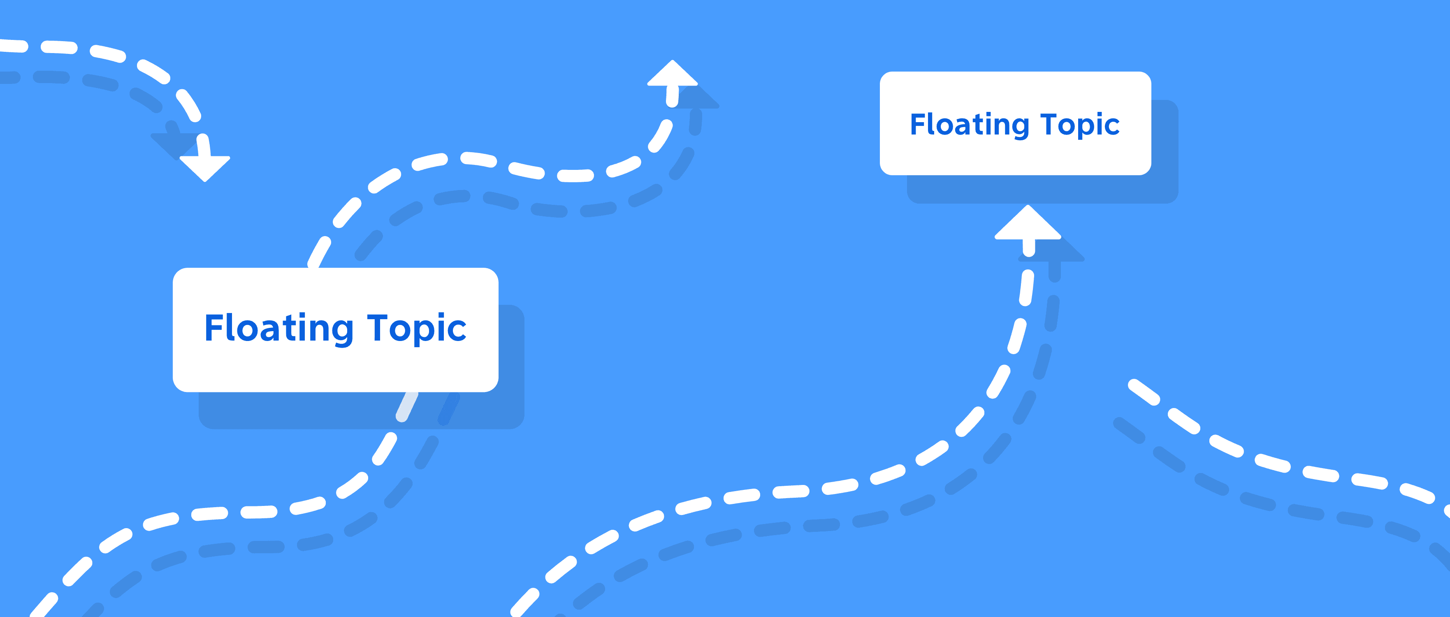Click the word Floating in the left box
tap(278, 329)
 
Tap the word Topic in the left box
tap(417, 329)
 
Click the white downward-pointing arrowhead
tap(205, 167)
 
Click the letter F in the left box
tap(213, 328)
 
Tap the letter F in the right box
tap(917, 124)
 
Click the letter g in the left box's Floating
tap(342, 332)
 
